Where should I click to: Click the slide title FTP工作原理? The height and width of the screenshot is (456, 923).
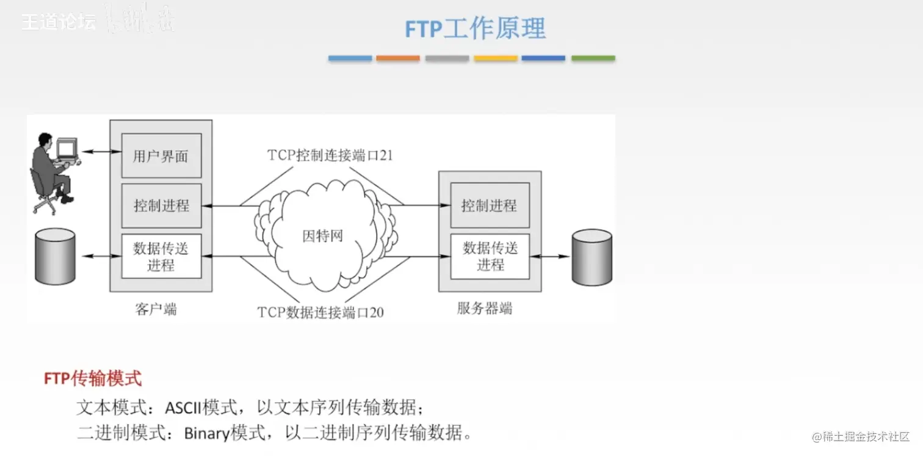(475, 28)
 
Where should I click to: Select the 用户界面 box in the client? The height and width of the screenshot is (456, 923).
(161, 156)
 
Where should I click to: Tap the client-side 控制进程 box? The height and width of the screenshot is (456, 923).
(161, 205)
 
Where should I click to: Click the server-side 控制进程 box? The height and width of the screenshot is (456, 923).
(489, 205)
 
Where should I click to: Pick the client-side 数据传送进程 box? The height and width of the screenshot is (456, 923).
(161, 257)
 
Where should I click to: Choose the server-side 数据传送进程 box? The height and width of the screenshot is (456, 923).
(490, 256)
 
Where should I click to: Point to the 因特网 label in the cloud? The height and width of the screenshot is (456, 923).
(322, 236)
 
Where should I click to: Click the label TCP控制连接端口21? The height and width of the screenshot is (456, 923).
(330, 155)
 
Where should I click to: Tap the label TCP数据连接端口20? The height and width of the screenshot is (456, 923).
(320, 313)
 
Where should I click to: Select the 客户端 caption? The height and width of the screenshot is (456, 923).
(156, 309)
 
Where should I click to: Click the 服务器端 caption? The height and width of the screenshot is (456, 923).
(485, 308)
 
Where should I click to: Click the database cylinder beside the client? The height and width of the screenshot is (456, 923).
(55, 257)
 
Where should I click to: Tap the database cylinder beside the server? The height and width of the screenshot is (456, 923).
(592, 257)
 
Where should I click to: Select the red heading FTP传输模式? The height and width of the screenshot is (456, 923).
(93, 379)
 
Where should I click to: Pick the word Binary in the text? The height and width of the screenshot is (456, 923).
(206, 434)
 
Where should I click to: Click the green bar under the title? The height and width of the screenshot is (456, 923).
(593, 59)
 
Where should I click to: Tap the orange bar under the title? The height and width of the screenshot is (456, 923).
(398, 59)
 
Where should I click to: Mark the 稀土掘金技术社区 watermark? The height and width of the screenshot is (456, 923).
(861, 436)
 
